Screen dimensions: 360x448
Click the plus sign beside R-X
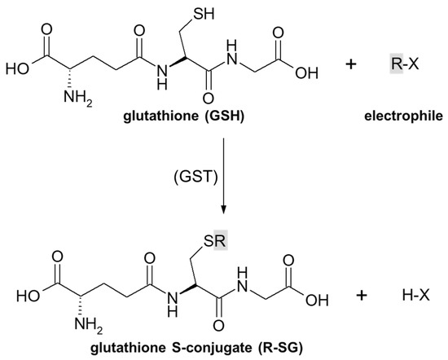tap(351, 63)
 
